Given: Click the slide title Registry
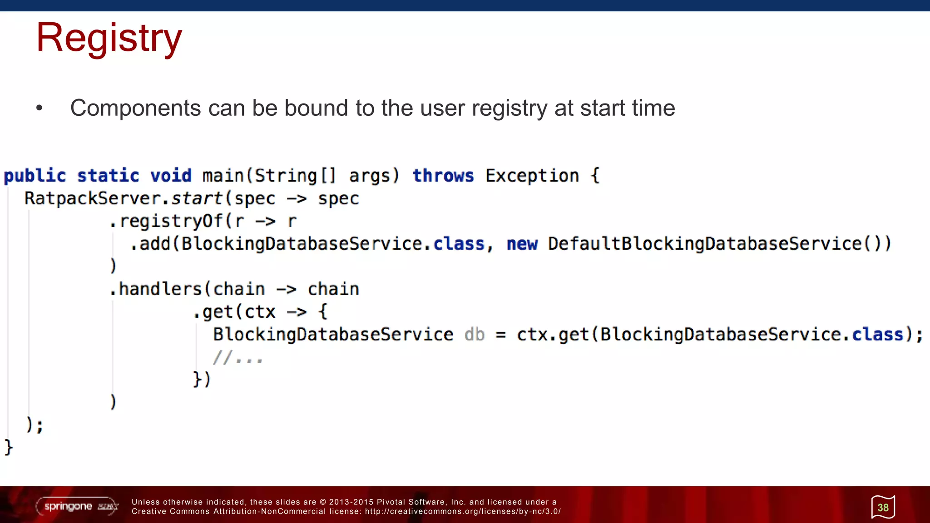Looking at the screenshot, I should pyautogui.click(x=109, y=38).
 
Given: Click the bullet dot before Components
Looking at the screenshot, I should pyautogui.click(x=40, y=108).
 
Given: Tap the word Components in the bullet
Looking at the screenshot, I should pyautogui.click(x=135, y=108).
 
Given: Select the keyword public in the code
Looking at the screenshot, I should pyautogui.click(x=35, y=176).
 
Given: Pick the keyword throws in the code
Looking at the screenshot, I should pyautogui.click(x=443, y=176).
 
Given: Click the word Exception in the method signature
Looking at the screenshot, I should pyautogui.click(x=532, y=176).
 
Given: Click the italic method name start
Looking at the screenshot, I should pyautogui.click(x=196, y=198).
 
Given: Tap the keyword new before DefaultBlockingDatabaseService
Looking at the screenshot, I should pyautogui.click(x=522, y=244).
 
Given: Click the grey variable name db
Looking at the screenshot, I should pyautogui.click(x=474, y=335).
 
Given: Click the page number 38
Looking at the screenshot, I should pyautogui.click(x=883, y=507).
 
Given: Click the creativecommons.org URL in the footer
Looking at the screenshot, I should pyautogui.click(x=463, y=511).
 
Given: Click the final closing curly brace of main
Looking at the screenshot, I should pyautogui.click(x=9, y=447).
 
